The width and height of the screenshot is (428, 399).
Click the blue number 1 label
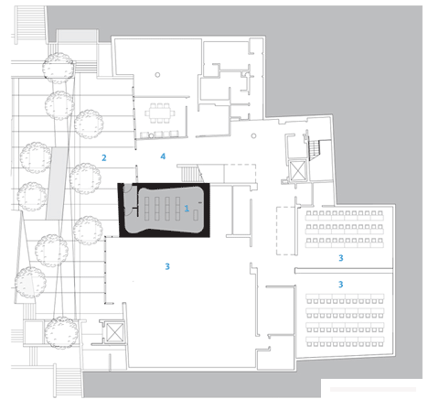coord(187,209)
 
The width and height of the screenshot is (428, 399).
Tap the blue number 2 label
coord(104,157)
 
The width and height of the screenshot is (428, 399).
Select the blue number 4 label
coord(163,156)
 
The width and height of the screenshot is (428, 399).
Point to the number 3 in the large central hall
coord(167,266)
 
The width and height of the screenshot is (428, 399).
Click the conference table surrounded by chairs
coord(160,113)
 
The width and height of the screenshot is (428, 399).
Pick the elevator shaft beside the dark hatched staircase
coord(298,170)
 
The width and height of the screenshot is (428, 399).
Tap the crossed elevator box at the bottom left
coord(114,331)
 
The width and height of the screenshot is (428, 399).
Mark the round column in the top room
coord(157,74)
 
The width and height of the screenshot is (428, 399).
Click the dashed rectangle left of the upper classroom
coord(286,231)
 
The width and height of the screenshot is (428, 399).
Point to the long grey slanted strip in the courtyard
coord(58,183)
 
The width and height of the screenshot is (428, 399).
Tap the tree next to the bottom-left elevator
coord(61,332)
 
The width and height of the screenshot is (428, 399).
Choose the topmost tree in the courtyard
coord(59,69)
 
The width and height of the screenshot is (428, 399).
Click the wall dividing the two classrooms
coord(344,271)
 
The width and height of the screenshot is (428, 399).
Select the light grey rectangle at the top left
coord(77,36)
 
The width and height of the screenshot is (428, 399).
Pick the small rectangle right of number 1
coord(196,214)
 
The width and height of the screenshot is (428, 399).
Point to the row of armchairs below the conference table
coord(159,135)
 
